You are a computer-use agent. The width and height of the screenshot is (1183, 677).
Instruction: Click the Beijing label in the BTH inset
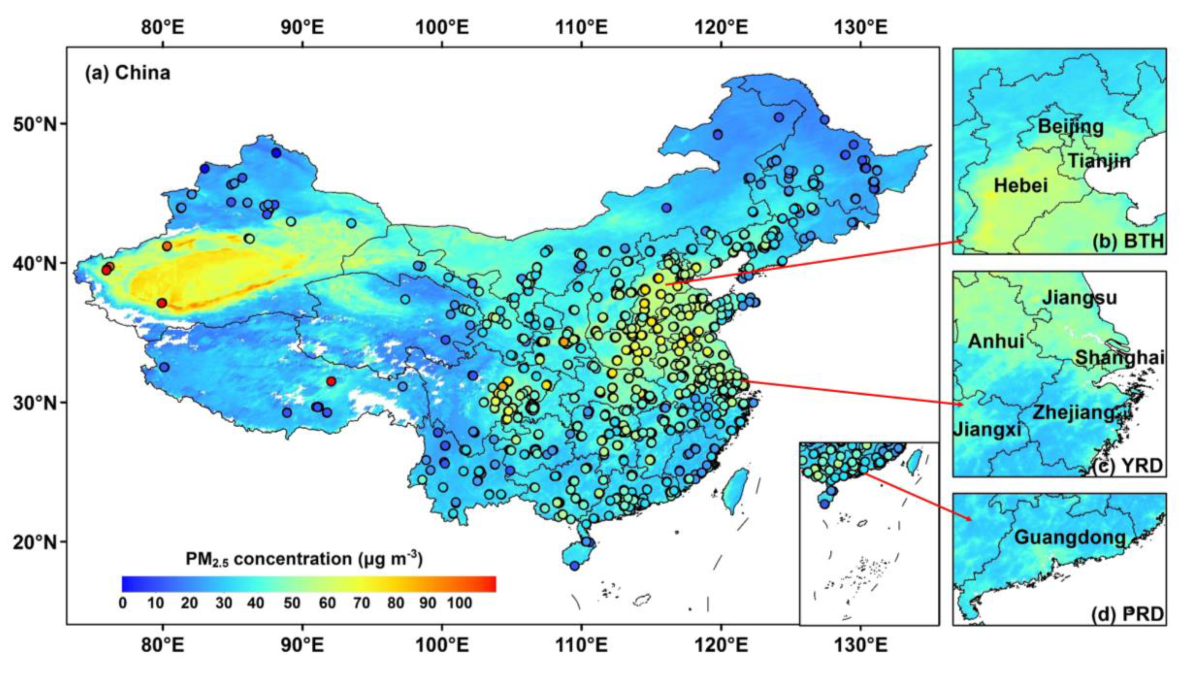tap(1071, 126)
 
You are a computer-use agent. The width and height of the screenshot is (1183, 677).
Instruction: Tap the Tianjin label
tap(1098, 161)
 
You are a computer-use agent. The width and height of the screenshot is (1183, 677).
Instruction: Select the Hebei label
tap(1021, 186)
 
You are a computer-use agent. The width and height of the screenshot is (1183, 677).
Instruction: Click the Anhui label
tap(996, 342)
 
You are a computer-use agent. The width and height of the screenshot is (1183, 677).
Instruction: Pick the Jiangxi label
tap(987, 429)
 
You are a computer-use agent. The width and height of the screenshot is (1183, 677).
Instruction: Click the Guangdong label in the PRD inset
tap(1070, 537)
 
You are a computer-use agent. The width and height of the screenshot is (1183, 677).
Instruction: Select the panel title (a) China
tap(127, 73)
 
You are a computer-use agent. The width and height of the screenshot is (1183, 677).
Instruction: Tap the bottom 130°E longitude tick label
tap(860, 645)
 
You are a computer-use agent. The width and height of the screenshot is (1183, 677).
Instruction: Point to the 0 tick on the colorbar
tap(123, 604)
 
